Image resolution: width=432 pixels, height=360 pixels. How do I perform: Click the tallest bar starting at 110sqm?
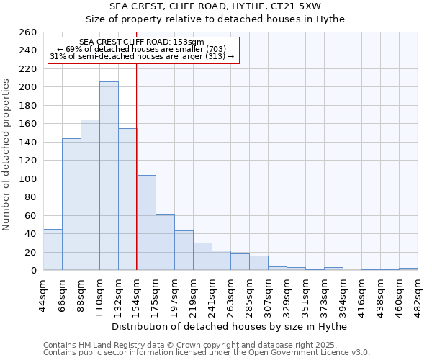coord(109,176)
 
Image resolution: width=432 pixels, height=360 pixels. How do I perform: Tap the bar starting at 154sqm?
coord(146,222)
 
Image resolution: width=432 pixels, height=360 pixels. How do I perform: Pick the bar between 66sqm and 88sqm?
coord(71,204)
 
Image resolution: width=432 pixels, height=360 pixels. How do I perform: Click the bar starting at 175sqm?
coord(165,242)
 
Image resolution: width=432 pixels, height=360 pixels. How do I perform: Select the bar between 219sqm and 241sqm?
coord(202,256)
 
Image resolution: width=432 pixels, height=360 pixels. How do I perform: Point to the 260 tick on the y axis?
coord(30,32)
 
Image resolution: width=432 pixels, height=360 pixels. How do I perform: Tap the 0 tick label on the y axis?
coord(34,271)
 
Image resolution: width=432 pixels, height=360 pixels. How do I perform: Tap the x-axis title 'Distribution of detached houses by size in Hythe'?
coord(230,327)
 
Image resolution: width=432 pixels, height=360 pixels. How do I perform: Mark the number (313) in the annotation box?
coord(215,56)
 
